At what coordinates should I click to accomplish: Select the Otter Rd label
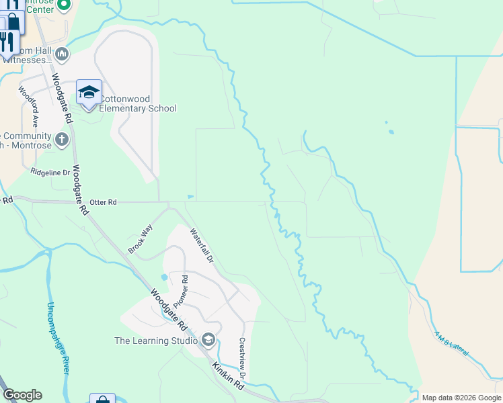coord(103,202)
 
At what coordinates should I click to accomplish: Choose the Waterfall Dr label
coord(201,245)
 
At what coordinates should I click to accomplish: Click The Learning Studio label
coord(155,341)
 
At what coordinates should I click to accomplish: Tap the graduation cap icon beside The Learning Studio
coord(208,341)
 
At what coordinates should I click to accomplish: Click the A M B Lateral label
coord(449,344)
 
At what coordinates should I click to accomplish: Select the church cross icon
coord(62,140)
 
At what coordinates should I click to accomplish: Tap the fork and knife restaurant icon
coord(7,42)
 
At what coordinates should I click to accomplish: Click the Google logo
coord(22,395)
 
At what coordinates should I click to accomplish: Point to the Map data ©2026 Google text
coord(461,398)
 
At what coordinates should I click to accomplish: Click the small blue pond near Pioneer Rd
coord(164,277)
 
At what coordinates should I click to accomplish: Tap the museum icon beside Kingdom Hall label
coord(62,53)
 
